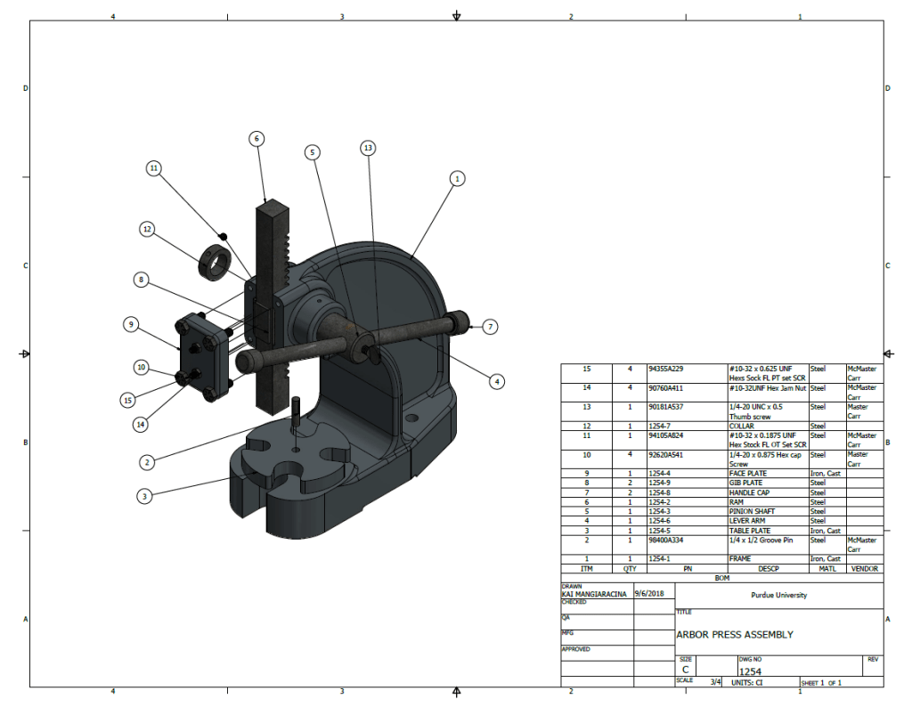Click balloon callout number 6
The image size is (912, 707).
pyautogui.click(x=256, y=139)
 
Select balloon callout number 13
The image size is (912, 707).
pyautogui.click(x=369, y=148)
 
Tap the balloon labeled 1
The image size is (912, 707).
pyautogui.click(x=457, y=178)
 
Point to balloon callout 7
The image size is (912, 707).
pyautogui.click(x=490, y=327)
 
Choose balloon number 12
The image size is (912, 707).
pyautogui.click(x=147, y=229)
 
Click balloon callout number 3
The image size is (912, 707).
pyautogui.click(x=143, y=495)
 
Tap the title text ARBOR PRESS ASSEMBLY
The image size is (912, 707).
pyautogui.click(x=735, y=635)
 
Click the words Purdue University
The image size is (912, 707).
pyautogui.click(x=779, y=595)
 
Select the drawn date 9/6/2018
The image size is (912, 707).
pyautogui.click(x=649, y=593)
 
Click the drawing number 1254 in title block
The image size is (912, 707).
pyautogui.click(x=750, y=672)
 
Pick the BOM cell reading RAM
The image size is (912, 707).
pyautogui.click(x=736, y=502)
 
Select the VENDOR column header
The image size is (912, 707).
pyautogui.click(x=864, y=568)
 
